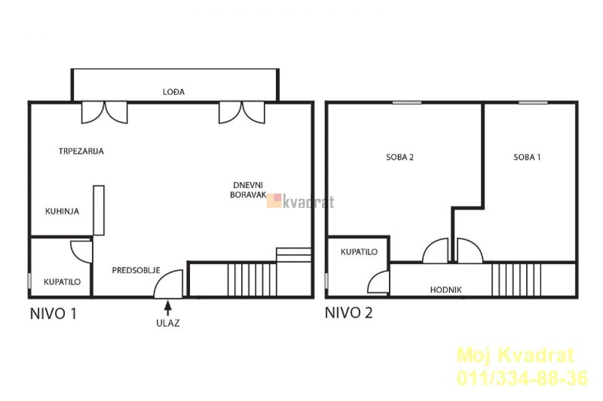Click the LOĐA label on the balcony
[174, 92]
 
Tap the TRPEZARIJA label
[81, 151]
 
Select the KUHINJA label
[62, 211]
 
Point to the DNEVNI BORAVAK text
[248, 190]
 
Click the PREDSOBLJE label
[136, 271]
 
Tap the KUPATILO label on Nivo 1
[62, 282]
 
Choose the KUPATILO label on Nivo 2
[359, 252]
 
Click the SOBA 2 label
[400, 157]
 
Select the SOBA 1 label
[527, 157]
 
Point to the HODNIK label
[446, 290]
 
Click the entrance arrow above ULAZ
[168, 308]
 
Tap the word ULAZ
[168, 323]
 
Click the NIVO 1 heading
[53, 314]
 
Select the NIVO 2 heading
[349, 313]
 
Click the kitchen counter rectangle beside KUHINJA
[99, 210]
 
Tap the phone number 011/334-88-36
[522, 379]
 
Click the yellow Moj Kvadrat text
[516, 356]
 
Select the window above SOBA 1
[533, 103]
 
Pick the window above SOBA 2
[407, 103]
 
